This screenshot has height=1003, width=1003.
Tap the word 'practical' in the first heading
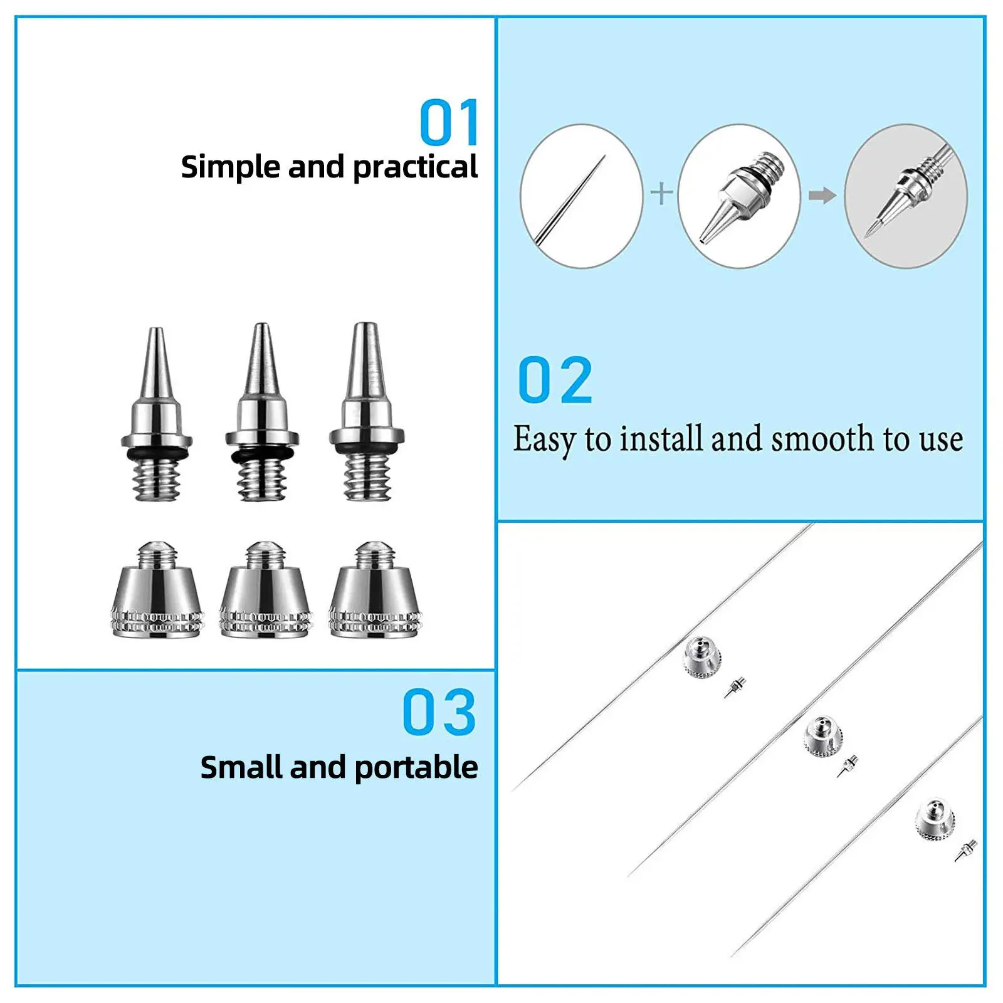pyautogui.click(x=415, y=168)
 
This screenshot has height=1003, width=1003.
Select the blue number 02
pyautogui.click(x=555, y=381)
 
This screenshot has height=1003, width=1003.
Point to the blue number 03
pyautogui.click(x=439, y=712)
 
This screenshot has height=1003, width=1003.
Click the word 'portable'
pyautogui.click(x=416, y=768)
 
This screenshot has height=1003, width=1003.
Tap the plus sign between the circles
pyautogui.click(x=661, y=193)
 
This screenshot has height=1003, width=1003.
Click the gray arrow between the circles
pyautogui.click(x=822, y=196)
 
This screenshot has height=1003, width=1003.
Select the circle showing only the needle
pyautogui.click(x=582, y=196)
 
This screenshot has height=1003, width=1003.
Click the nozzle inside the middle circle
pyautogui.click(x=740, y=197)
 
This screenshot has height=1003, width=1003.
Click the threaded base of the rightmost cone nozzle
pyautogui.click(x=367, y=476)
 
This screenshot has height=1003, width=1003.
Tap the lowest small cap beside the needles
pyautogui.click(x=934, y=819)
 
